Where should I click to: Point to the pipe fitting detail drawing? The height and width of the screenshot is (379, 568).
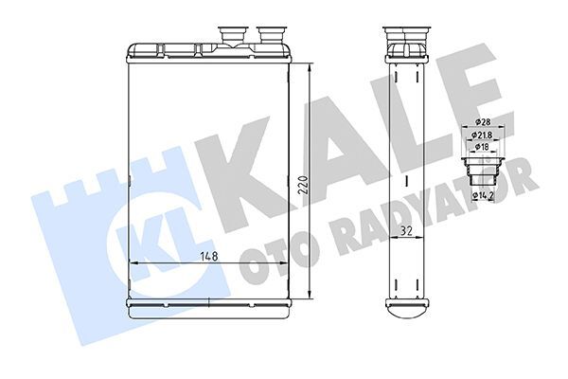483,171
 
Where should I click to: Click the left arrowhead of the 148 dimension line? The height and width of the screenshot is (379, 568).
133,262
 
